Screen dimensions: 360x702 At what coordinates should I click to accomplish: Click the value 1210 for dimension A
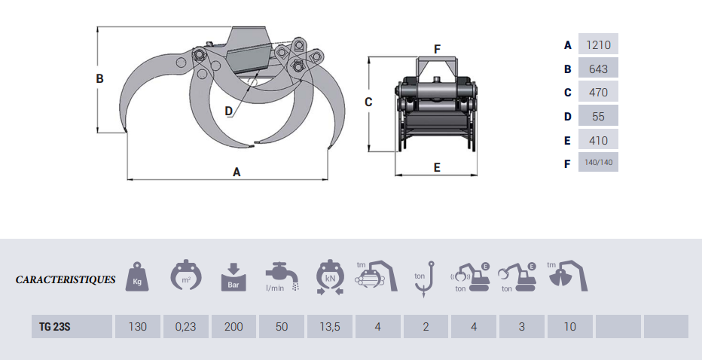(x=598, y=44)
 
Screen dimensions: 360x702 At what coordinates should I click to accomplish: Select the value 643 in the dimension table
(x=598, y=69)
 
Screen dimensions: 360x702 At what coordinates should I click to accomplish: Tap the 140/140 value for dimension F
(x=598, y=162)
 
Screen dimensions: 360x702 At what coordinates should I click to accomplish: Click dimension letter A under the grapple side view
(x=237, y=172)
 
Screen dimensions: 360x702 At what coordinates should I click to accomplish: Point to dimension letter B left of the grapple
(x=99, y=78)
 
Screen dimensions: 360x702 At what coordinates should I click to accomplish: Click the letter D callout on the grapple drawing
(x=229, y=111)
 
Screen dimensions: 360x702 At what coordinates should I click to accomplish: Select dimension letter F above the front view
(x=437, y=49)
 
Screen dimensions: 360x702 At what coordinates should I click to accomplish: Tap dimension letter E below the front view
(x=437, y=167)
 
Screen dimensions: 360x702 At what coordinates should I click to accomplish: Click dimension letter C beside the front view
(x=368, y=102)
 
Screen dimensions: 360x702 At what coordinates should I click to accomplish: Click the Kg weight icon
(x=138, y=277)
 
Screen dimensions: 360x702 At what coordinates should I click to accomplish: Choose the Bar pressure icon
(x=233, y=277)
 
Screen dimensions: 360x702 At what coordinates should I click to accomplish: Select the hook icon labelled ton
(x=426, y=276)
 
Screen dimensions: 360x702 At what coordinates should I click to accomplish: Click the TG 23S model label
(x=60, y=327)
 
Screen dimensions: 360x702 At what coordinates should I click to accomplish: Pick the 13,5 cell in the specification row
(x=330, y=327)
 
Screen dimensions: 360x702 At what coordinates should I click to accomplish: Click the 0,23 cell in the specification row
(x=185, y=327)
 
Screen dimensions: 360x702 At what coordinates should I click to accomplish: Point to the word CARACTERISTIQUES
(x=66, y=280)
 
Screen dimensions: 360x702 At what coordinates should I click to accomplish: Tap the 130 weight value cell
(x=137, y=327)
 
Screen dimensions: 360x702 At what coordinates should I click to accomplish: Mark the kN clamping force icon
(x=330, y=276)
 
